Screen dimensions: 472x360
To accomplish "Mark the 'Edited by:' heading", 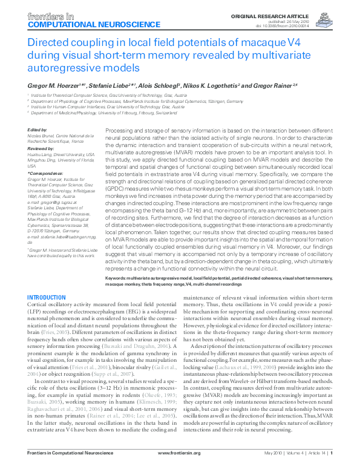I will click(38, 129).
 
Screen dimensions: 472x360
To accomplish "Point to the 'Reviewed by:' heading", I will click(41, 146).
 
